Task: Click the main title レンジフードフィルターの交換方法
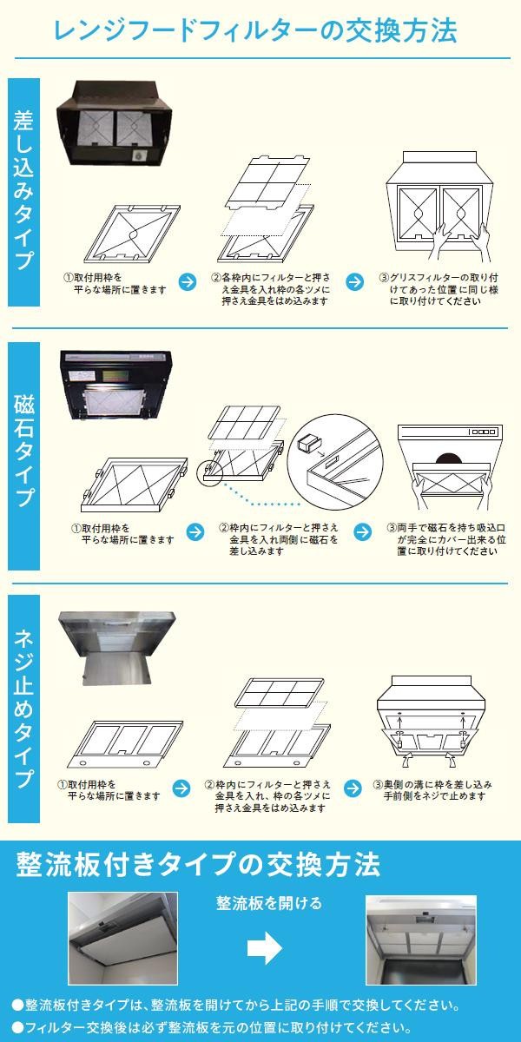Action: [255, 31]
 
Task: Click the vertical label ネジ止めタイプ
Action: [23, 709]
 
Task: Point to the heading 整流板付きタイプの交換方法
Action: [198, 865]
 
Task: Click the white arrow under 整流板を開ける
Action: [265, 946]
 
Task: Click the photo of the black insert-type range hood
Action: [114, 123]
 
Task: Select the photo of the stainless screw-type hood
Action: [117, 648]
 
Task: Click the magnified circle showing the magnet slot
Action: [335, 464]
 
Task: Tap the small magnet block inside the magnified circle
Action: [307, 444]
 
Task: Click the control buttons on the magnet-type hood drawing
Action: [484, 432]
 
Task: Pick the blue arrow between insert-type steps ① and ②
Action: [188, 282]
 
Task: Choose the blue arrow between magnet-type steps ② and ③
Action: [362, 532]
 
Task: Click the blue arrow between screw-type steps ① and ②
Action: [181, 788]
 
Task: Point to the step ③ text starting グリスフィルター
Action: [439, 289]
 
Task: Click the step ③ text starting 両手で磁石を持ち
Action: [446, 539]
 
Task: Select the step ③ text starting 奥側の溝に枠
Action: [432, 790]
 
